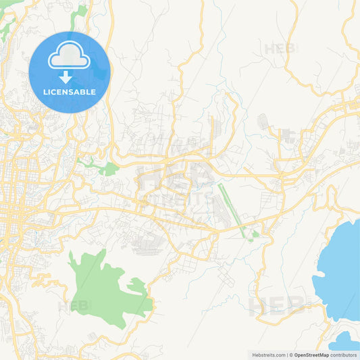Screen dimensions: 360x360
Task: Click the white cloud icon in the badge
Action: pos(69,58)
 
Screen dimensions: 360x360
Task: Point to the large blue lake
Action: pos(341,263)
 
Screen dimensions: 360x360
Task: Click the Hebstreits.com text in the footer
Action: pos(269,355)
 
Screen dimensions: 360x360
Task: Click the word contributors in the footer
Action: pos(344,355)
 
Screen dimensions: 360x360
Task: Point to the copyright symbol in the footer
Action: pos(289,355)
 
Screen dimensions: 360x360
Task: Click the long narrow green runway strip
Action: pos(232,206)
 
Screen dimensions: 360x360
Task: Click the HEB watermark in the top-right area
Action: pos(279,49)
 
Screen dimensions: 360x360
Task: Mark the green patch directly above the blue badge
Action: pos(80,11)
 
